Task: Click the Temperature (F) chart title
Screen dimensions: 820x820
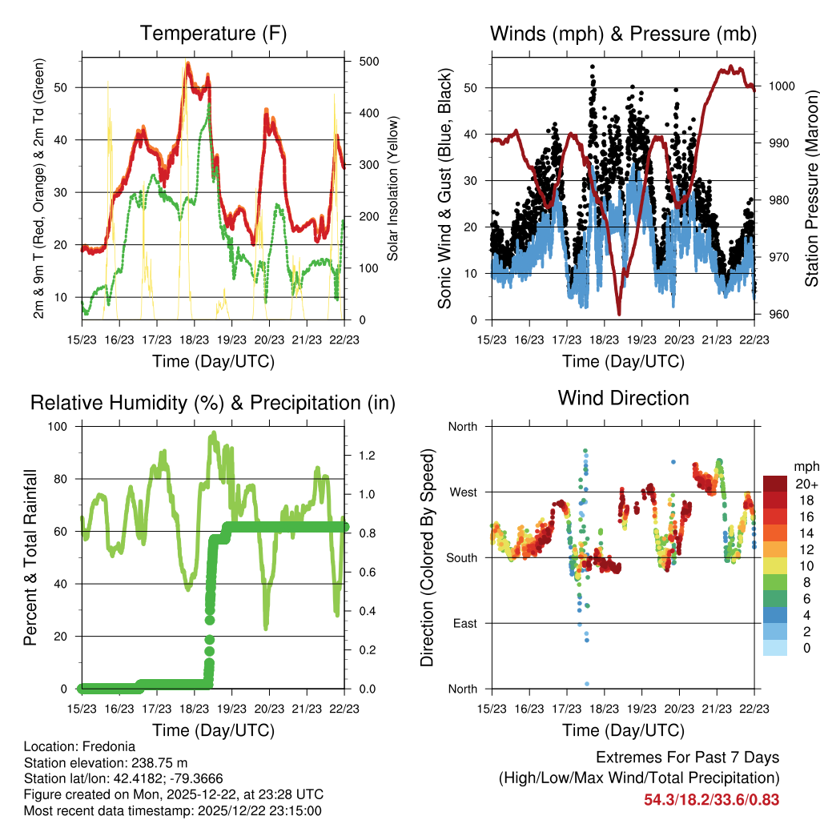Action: (x=213, y=34)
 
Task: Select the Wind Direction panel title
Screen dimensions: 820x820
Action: (x=623, y=398)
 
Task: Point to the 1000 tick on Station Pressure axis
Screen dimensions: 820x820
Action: (x=782, y=86)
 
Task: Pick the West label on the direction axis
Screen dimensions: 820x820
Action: (x=463, y=492)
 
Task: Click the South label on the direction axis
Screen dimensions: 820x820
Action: (x=462, y=557)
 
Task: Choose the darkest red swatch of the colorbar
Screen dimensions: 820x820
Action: (x=774, y=484)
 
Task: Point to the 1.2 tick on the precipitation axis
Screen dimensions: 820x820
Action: (x=367, y=456)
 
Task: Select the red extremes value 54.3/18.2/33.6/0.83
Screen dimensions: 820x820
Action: (x=711, y=799)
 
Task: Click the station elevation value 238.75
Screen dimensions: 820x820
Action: (x=154, y=762)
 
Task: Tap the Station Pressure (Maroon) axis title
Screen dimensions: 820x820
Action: (x=811, y=188)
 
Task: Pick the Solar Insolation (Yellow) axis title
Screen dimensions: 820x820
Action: (x=393, y=188)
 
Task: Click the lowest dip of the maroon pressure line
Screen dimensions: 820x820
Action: (x=619, y=313)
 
